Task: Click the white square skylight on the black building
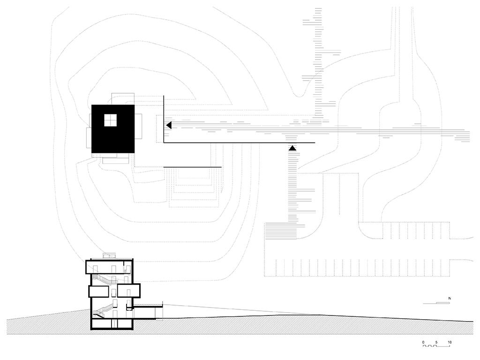[110, 120]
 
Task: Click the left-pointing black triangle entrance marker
[169, 125]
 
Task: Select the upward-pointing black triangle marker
[292, 148]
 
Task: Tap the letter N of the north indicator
[449, 298]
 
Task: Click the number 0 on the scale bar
[423, 342]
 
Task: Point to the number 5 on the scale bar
[436, 342]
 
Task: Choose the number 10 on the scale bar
[449, 342]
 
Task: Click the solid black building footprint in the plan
[113, 129]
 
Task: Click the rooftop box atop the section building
[109, 256]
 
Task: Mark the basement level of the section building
[112, 324]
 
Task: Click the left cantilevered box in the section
[99, 291]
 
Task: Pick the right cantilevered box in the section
[129, 291]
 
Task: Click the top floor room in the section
[109, 267]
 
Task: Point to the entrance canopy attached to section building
[148, 305]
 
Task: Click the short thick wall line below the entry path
[193, 167]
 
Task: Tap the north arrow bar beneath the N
[436, 303]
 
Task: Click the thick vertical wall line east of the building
[164, 119]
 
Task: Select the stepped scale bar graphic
[436, 346]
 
